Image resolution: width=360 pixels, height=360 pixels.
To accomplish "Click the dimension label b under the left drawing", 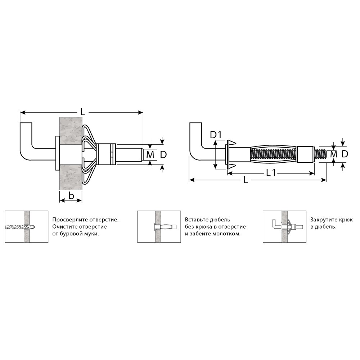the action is point(71,195).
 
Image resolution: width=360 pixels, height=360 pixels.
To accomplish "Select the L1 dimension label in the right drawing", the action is point(271,173).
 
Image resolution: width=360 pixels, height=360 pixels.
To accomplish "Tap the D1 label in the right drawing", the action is point(216,135).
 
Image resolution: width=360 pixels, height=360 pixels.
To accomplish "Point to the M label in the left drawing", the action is point(150,155).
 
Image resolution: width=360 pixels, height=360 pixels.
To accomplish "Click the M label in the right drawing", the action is point(333,154).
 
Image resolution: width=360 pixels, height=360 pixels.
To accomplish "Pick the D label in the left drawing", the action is point(163,155).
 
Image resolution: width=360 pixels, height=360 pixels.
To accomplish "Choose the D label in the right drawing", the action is point(345,154).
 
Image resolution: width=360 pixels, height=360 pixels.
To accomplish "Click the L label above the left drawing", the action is point(82,112).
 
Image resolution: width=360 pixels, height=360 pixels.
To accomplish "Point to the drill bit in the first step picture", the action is point(20,226).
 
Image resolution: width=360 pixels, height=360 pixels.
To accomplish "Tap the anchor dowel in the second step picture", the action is point(164,227).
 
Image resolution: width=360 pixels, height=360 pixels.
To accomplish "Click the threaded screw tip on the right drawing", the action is point(320,154).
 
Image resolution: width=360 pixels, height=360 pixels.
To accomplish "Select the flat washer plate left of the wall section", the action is point(57,153).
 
